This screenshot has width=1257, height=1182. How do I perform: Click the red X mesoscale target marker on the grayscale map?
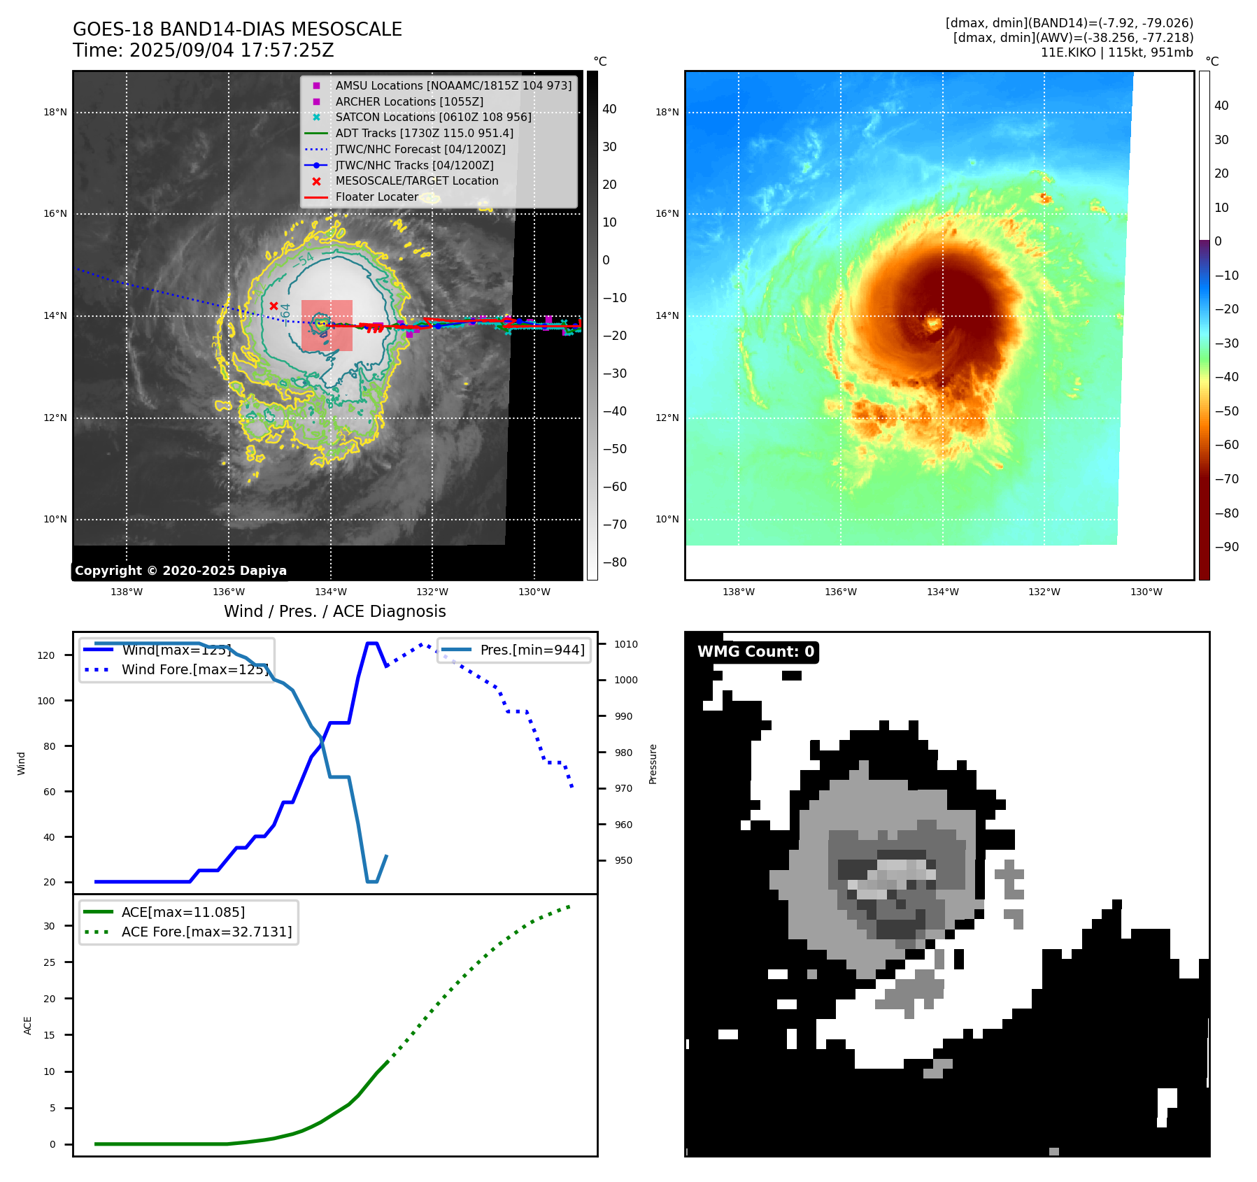point(274,306)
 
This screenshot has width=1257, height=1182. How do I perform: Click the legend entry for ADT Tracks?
point(424,134)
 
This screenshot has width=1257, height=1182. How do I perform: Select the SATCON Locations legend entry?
point(433,118)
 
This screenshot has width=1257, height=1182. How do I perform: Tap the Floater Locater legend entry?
point(376,197)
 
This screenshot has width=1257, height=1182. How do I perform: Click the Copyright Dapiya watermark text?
point(180,571)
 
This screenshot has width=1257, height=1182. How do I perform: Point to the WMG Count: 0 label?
point(755,652)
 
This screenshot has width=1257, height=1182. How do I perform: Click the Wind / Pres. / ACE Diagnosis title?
point(334,611)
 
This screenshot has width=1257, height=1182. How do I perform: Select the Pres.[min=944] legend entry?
point(532,650)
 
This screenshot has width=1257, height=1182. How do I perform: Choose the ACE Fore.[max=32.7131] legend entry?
point(206,932)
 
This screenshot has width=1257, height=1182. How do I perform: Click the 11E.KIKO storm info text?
point(1116,52)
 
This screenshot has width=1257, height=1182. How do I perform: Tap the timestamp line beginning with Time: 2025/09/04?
point(204,51)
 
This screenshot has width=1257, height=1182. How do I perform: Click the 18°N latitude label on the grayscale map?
point(55,113)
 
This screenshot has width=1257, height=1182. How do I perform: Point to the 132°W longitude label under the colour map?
point(1044,592)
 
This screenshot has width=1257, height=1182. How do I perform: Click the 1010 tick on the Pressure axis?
point(626,644)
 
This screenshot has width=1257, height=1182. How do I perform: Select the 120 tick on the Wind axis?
point(46,655)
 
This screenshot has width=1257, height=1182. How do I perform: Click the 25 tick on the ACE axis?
point(49,962)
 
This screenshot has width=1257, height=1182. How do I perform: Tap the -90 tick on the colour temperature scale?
point(1226,547)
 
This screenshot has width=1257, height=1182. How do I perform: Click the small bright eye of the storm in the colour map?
point(933,322)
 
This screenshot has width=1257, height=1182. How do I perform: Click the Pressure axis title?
point(653,764)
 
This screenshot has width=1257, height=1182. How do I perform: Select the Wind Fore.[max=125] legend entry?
point(194,669)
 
